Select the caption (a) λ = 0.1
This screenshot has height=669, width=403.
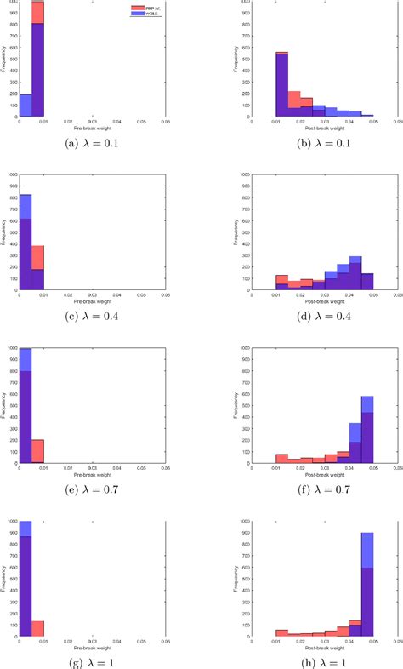91,142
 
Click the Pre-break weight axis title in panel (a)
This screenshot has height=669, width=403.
92,127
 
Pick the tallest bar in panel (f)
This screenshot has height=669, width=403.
367,434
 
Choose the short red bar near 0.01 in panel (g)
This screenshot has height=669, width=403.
37,628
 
